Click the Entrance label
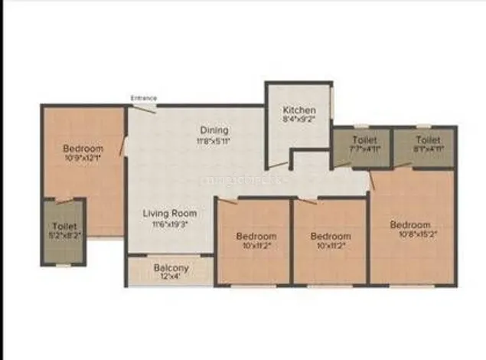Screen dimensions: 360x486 tap(143, 98)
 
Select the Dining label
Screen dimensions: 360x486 tap(214, 130)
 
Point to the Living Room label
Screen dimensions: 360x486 tap(170, 213)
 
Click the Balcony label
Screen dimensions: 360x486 tap(171, 268)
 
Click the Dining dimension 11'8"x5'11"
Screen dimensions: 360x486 tap(214, 141)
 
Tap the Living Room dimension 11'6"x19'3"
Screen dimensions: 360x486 tap(170, 224)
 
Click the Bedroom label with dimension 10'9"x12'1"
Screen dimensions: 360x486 tap(83, 148)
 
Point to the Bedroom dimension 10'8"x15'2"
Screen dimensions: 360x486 tap(411, 235)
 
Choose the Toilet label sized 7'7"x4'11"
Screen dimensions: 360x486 tap(364, 140)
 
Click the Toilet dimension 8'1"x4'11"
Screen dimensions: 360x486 tap(428, 150)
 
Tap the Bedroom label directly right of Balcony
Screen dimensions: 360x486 tap(256, 236)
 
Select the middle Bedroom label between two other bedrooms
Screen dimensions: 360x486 tap(331, 236)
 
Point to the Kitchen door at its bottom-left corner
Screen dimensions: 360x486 tap(278, 164)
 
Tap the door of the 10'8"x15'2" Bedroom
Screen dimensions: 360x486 tap(373, 181)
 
